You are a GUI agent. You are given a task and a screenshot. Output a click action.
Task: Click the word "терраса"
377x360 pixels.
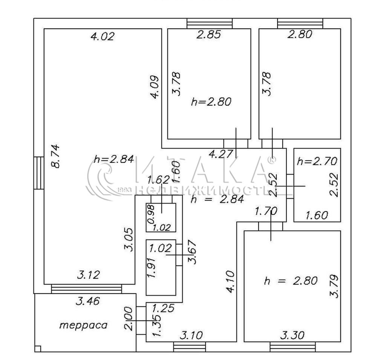tap(83, 325)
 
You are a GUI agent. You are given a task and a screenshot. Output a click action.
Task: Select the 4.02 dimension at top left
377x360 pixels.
tap(103, 36)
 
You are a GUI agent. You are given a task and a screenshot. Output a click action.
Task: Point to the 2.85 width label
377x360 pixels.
tap(208, 34)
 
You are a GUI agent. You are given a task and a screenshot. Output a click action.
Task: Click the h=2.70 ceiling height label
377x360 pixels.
tap(317, 161)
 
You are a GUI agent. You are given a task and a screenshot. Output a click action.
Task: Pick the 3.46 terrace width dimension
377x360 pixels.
tap(87, 301)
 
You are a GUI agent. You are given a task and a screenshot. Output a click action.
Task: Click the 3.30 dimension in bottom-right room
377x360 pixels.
tap(293, 335)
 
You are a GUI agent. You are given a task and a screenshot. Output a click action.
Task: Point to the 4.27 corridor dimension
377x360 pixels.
tap(221, 154)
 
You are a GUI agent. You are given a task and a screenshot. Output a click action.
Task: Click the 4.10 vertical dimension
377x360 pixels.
tap(230, 282)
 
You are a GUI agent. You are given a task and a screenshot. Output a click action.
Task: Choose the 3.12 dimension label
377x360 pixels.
tap(89, 275)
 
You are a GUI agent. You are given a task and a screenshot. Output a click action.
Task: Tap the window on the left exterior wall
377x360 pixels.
tap(39, 173)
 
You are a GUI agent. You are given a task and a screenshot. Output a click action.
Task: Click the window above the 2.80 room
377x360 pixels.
tap(300, 24)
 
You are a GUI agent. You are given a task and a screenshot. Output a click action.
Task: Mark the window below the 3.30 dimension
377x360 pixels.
tap(293, 347)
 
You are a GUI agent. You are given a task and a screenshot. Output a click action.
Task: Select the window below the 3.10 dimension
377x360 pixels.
tap(190, 347)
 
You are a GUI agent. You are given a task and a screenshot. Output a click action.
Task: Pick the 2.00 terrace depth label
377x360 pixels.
tap(128, 319)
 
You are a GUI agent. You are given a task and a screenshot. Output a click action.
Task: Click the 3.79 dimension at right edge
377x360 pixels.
tap(334, 286)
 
